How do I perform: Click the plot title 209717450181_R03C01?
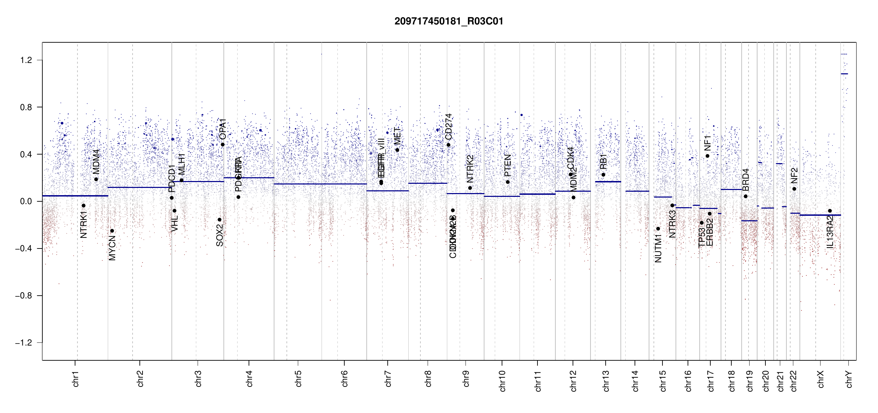[x=449, y=21]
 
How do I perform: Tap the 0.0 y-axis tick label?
[x=26, y=201]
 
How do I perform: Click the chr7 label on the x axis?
[x=388, y=379]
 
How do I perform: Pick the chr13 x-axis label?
[x=606, y=381]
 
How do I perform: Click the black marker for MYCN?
[x=112, y=231]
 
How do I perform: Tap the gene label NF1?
[x=708, y=143]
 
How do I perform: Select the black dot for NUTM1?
[x=658, y=229]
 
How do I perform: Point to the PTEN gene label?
[x=508, y=165]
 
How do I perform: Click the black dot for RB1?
[x=603, y=175]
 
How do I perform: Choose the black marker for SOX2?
[x=219, y=220]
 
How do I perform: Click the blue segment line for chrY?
[x=844, y=74]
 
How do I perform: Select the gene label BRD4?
[x=745, y=180]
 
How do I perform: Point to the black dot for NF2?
[x=794, y=189]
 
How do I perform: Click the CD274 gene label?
[x=448, y=126]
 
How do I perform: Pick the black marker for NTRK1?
[x=83, y=206]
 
